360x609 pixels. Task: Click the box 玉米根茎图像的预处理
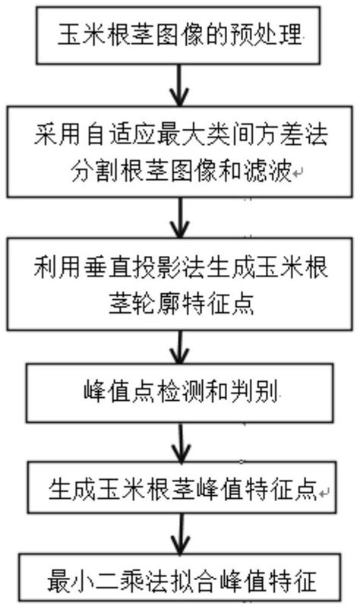tap(180, 35)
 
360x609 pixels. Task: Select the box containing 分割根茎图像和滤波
tap(180, 153)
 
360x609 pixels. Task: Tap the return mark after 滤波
tap(298, 175)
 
